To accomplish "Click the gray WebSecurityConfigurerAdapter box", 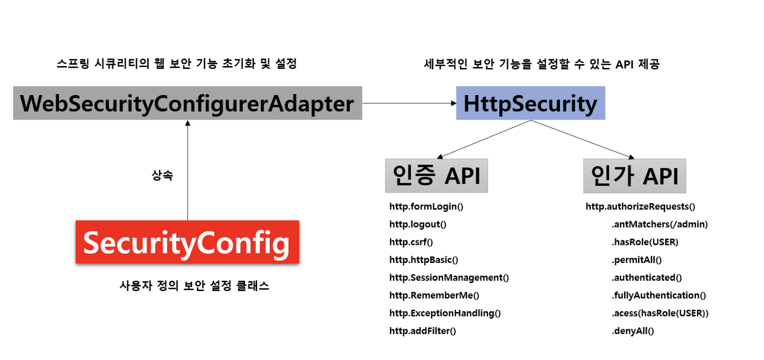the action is (187, 103).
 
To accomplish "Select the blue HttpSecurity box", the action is (530, 103).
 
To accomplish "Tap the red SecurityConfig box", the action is (187, 242).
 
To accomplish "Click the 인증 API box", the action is (436, 176).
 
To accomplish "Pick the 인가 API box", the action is (634, 176).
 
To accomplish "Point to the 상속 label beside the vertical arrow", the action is (162, 175).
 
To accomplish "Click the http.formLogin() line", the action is (426, 207).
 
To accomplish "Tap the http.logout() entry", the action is (418, 224).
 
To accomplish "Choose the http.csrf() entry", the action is (411, 242).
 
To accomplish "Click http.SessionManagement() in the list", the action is (449, 277).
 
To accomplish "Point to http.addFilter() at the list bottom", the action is (423, 331).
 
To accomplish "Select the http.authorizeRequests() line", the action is (640, 207).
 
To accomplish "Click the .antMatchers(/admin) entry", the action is (659, 224).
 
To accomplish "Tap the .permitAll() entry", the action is (637, 260).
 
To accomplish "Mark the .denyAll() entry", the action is (633, 331).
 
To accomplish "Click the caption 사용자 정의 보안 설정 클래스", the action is (194, 286).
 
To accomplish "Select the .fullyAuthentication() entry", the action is (658, 295).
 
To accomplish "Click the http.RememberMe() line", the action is (434, 295).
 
